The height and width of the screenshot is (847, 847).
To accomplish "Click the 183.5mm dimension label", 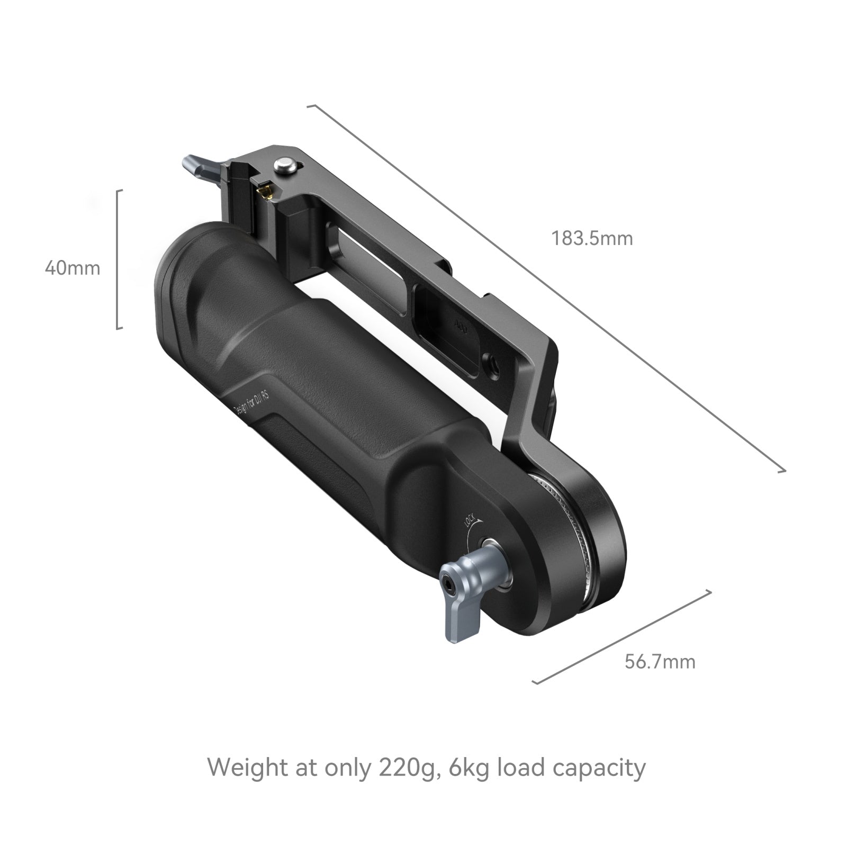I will point(592,239).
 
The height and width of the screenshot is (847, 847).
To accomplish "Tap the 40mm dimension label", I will point(73,268).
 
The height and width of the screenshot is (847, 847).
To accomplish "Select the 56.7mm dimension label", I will point(660,662).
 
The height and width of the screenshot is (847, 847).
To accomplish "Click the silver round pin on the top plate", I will point(284,165).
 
